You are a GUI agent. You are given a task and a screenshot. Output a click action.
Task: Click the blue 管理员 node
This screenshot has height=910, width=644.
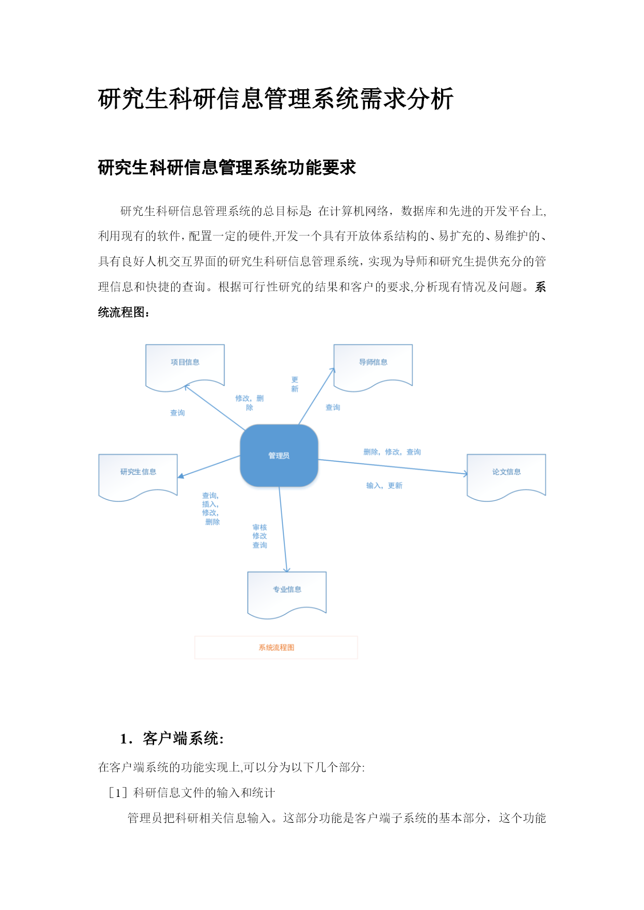279,456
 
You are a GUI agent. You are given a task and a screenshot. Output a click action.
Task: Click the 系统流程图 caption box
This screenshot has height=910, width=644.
276,647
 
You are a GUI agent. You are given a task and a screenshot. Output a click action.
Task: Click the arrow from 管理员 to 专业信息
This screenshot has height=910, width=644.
283,529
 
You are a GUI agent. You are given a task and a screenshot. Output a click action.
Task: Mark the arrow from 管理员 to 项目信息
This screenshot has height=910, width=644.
215,408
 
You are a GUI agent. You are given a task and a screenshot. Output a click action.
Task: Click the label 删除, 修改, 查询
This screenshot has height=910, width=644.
392,452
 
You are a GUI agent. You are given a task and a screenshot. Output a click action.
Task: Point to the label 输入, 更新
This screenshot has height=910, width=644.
384,486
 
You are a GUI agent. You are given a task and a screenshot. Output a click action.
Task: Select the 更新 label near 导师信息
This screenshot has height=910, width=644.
295,384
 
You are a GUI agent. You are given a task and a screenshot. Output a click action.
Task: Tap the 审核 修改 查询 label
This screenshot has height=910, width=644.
260,536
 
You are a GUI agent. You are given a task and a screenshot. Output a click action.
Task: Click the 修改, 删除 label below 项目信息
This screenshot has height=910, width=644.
250,403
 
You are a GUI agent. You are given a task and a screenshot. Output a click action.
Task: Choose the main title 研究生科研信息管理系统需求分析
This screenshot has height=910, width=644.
276,99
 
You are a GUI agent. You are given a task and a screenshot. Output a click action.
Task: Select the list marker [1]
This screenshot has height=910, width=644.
118,793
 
